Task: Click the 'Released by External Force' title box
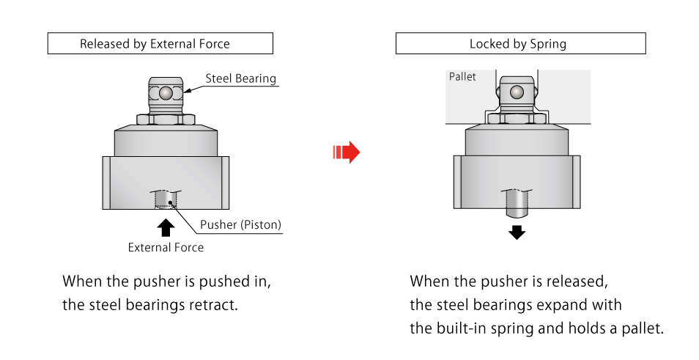[x=160, y=44]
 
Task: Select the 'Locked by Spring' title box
[x=520, y=44]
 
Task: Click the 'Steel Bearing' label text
[x=240, y=78]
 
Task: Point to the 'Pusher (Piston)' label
[x=240, y=225]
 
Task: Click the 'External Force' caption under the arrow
[x=166, y=247]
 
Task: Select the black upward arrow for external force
[x=166, y=225]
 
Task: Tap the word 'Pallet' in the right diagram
[x=462, y=77]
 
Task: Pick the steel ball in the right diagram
[x=517, y=92]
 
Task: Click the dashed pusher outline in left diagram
[x=165, y=199]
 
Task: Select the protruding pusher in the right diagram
[x=517, y=202]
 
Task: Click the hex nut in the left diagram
[x=166, y=118]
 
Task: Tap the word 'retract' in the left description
[x=214, y=304]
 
